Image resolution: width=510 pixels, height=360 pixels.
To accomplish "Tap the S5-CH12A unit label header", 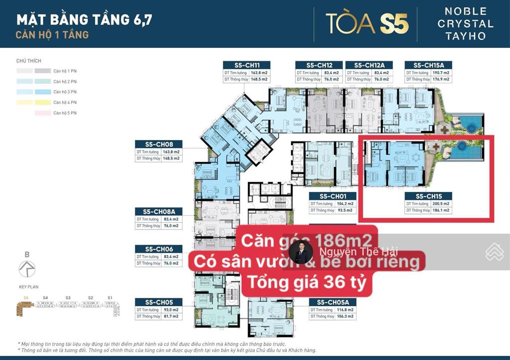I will [x=366, y=65].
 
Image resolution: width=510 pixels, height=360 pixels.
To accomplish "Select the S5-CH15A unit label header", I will [x=421, y=65].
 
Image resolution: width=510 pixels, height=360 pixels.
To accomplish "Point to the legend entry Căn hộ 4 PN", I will [x=65, y=103].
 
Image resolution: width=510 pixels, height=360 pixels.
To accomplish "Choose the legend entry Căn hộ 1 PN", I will [x=65, y=71].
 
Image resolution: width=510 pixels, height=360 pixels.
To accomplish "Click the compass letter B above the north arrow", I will [x=27, y=254].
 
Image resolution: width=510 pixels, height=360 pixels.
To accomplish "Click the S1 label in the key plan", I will [x=110, y=298].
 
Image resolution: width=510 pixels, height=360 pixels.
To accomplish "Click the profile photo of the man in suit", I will [x=301, y=252].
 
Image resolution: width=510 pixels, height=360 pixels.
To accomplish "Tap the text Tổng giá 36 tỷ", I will [x=307, y=282].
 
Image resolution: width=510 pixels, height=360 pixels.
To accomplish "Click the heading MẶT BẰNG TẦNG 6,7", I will [x=84, y=20].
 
